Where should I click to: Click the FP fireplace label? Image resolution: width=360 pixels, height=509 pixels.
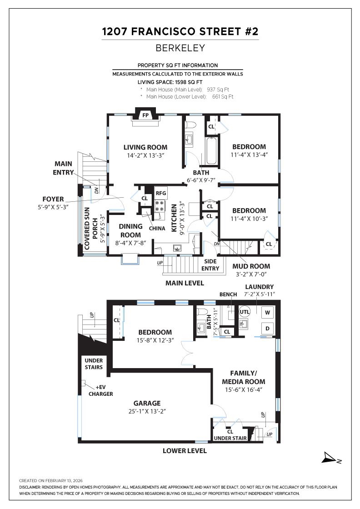tap(145, 115)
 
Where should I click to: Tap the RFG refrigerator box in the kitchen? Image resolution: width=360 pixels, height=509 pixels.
tap(161, 194)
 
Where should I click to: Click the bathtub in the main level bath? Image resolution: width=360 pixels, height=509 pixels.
tap(211, 151)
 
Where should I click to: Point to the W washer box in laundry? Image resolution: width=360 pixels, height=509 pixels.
tap(268, 312)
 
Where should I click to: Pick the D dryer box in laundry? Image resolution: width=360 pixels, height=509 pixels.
tap(268, 328)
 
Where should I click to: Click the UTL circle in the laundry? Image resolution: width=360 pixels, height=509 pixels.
tap(245, 312)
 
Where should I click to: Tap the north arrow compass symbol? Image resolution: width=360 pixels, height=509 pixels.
tap(330, 458)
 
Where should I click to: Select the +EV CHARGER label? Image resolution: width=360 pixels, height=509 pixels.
tap(100, 390)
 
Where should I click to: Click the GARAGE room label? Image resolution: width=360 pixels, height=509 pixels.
tap(147, 403)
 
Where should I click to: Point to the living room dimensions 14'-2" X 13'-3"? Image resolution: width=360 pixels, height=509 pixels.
tap(145, 155)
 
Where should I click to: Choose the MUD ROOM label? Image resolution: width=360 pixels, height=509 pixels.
tap(251, 266)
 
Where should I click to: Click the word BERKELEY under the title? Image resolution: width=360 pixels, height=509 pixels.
tap(180, 48)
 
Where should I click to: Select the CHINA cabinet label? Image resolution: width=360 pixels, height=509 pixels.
tap(157, 228)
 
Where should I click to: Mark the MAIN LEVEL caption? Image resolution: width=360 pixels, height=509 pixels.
tap(184, 283)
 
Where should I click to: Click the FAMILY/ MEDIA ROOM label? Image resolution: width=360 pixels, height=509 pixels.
tap(243, 377)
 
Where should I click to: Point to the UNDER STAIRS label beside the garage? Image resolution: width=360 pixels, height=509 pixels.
tap(94, 364)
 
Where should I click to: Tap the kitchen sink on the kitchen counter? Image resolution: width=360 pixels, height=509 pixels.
tap(177, 248)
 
